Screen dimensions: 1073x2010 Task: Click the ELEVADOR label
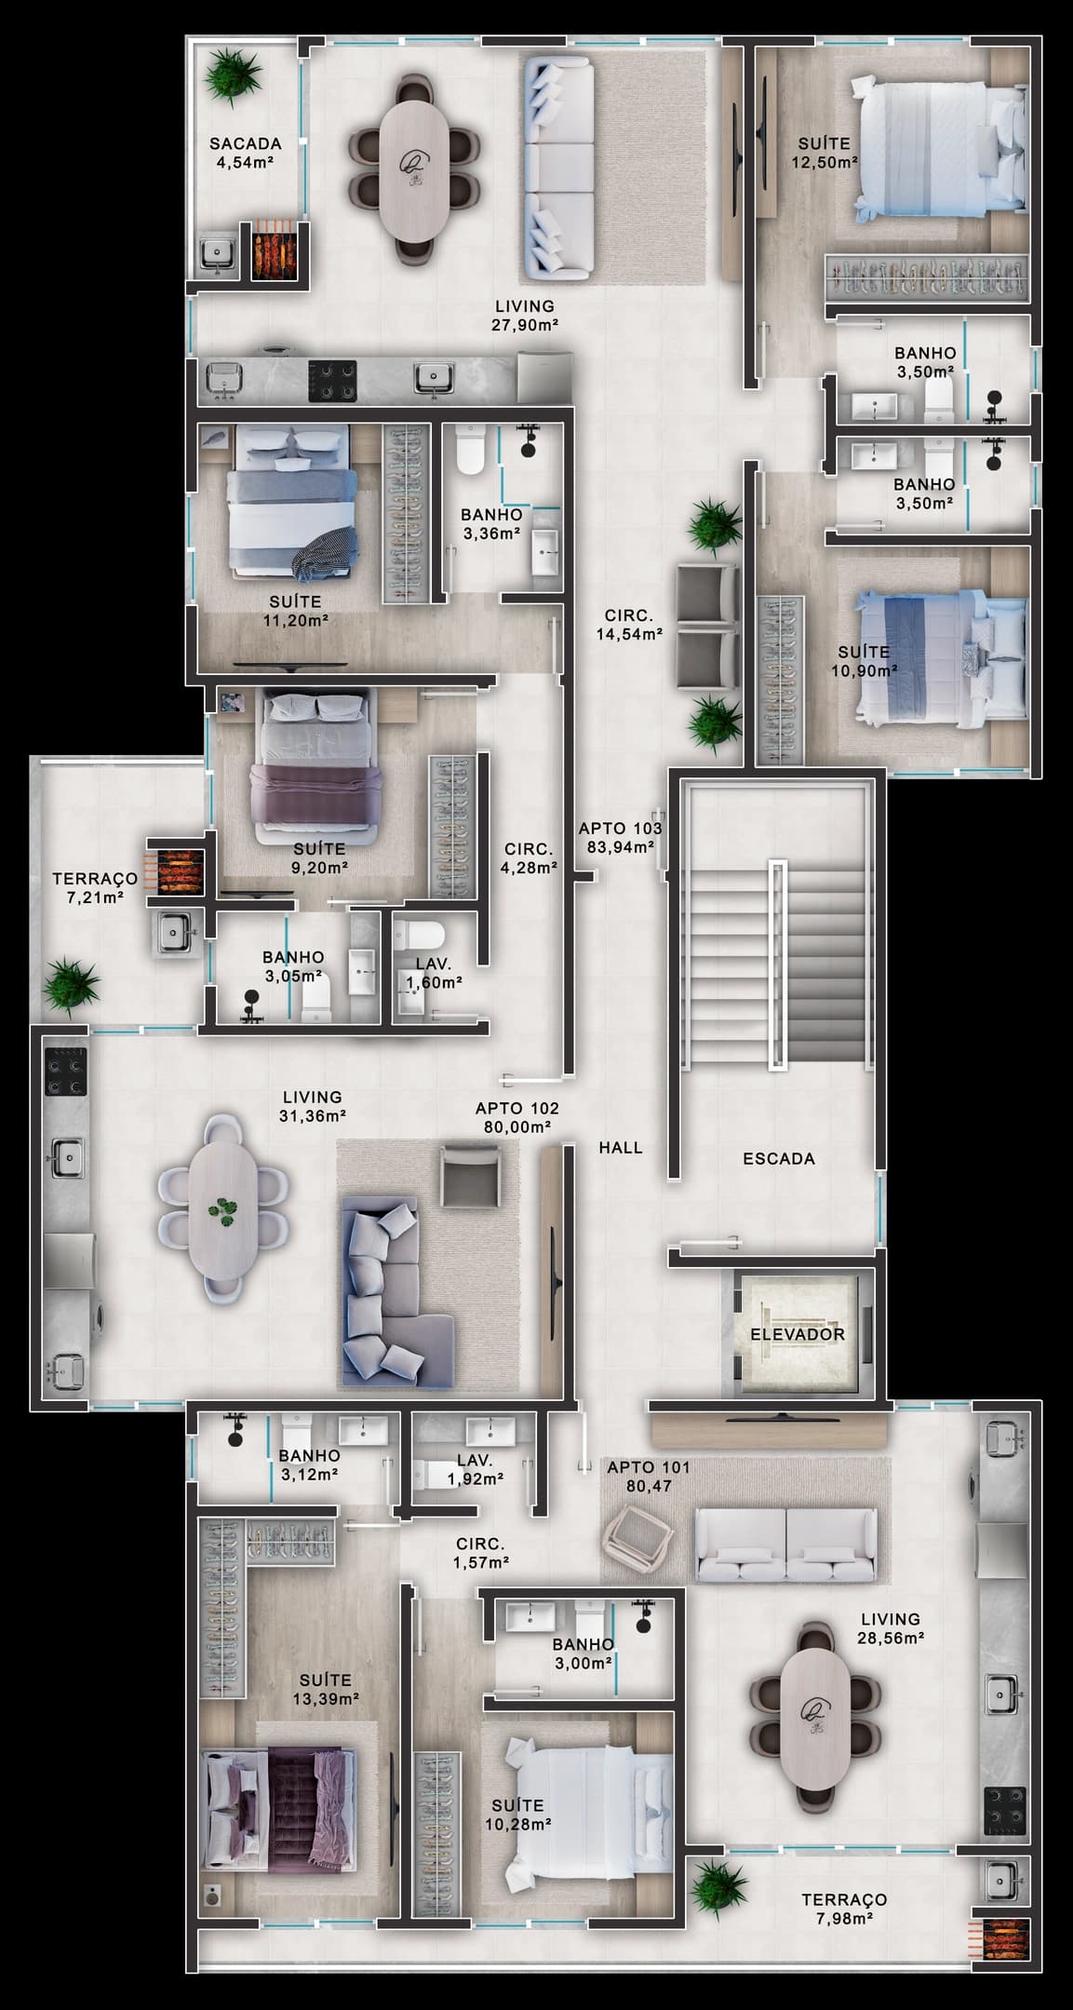[798, 1334]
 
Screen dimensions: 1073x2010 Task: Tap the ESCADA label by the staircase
[779, 1159]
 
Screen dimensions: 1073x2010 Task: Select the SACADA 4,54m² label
[245, 153]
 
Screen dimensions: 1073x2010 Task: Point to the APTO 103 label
[620, 828]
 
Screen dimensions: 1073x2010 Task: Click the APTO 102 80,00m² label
[516, 1117]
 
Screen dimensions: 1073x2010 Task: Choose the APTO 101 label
[649, 1467]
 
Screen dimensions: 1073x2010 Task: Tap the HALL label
[621, 1148]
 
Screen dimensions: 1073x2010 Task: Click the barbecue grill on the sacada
[274, 249]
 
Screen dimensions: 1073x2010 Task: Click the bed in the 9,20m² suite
[317, 759]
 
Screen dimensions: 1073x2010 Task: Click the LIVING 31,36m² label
[313, 1106]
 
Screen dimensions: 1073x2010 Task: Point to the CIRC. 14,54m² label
[629, 625]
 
